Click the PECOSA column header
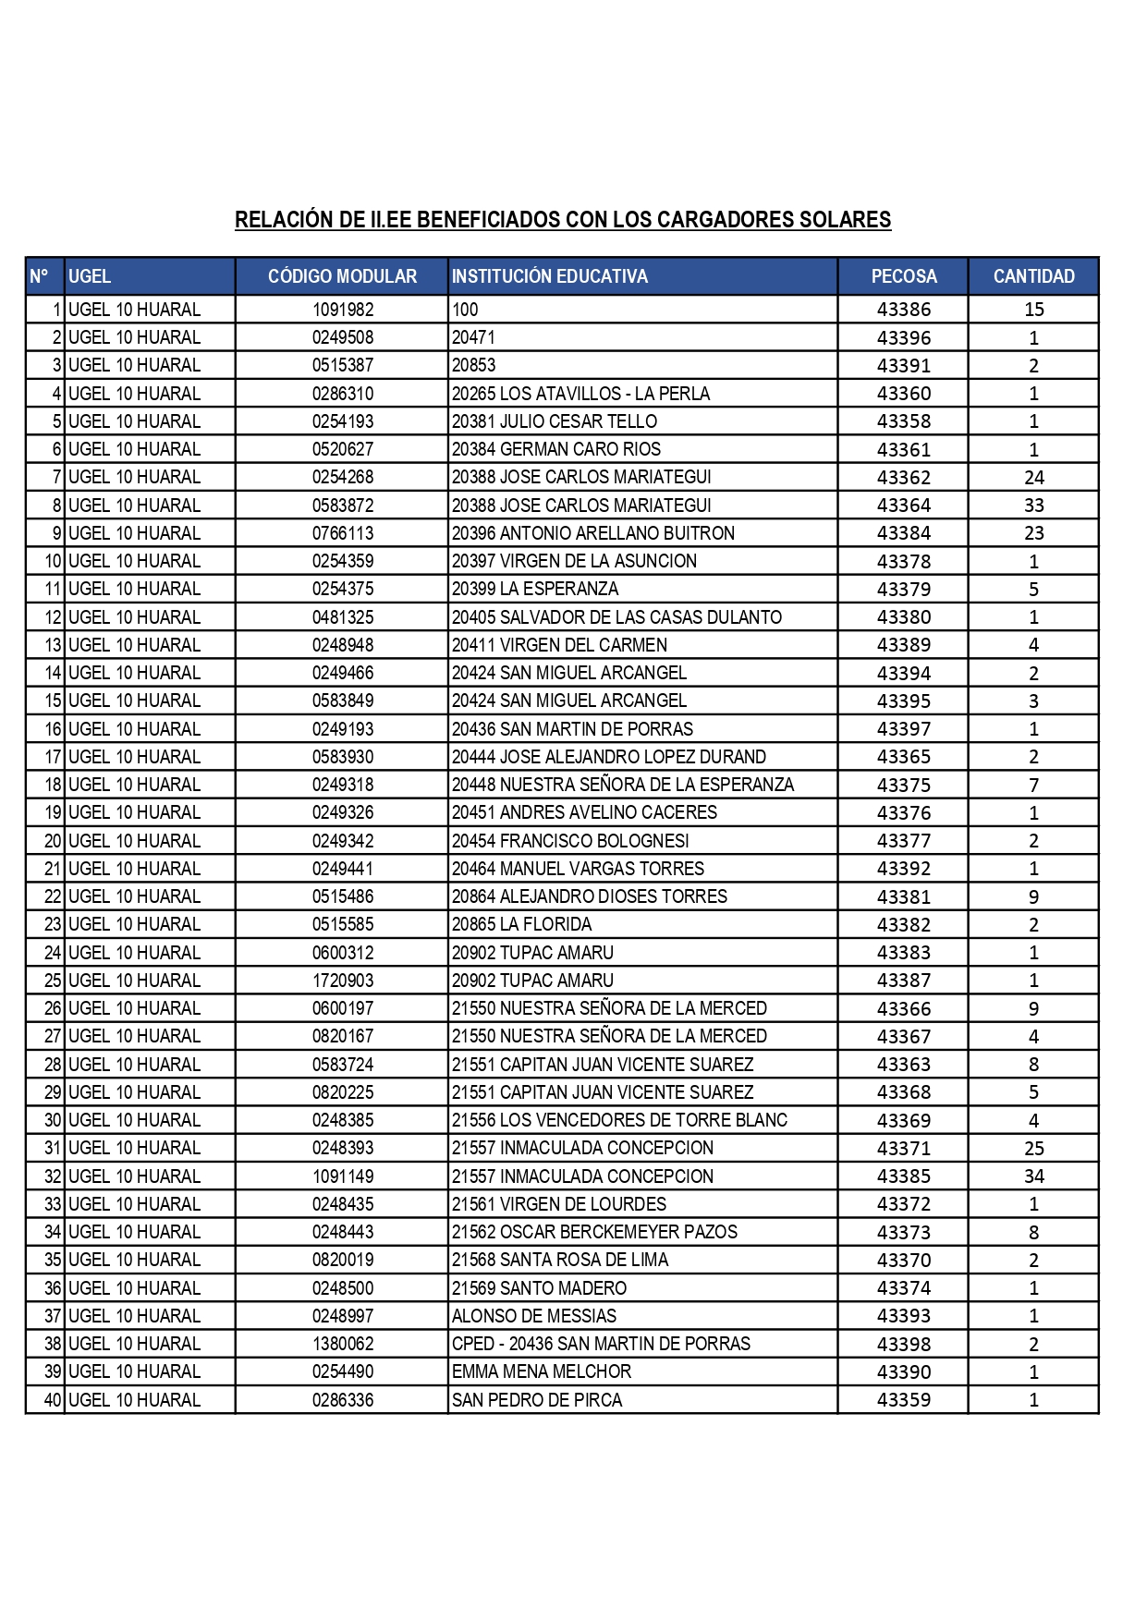(x=903, y=276)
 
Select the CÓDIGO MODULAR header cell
(x=342, y=276)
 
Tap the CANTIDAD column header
(x=1033, y=276)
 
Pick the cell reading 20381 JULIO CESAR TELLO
(x=554, y=421)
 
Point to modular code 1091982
(x=343, y=310)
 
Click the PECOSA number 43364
(x=903, y=506)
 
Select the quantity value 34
(x=1033, y=1176)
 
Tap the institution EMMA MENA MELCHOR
(x=541, y=1371)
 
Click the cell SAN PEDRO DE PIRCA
(x=536, y=1400)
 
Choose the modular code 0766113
(x=343, y=533)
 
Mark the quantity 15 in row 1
(x=1033, y=310)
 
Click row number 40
(x=53, y=1400)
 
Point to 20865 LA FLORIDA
(x=521, y=924)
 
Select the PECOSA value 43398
(x=903, y=1344)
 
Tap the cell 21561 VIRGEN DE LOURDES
(x=558, y=1204)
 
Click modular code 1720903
(x=343, y=981)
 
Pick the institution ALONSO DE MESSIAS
(x=533, y=1316)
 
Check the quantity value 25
(x=1033, y=1148)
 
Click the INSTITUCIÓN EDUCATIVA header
(x=549, y=276)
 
